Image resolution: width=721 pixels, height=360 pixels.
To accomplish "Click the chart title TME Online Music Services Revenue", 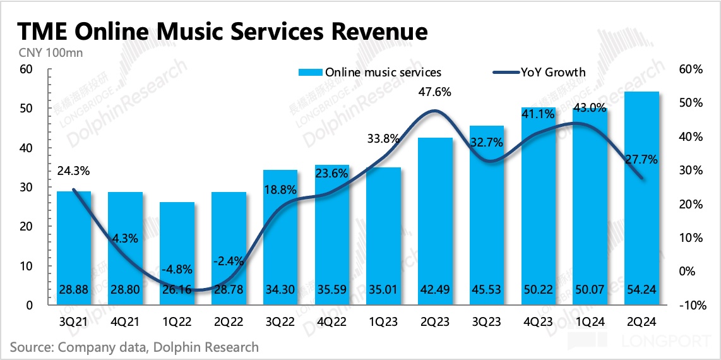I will tap(222, 31).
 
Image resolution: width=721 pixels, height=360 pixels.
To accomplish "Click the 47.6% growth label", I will tap(435, 92).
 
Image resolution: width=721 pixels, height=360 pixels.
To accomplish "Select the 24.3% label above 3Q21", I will tap(73, 171).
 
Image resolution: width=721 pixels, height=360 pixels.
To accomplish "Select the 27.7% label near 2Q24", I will tap(641, 160).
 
